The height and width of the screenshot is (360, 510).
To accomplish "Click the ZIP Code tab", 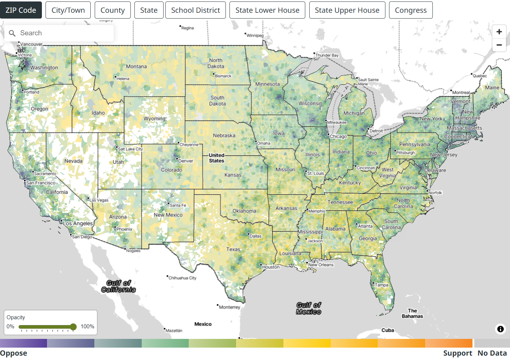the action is point(21,10).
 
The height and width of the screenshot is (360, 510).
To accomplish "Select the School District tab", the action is point(196,10).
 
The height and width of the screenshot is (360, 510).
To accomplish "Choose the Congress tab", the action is point(411,10).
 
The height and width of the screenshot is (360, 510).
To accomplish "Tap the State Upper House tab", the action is point(347,10).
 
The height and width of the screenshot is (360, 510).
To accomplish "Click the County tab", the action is point(113,10).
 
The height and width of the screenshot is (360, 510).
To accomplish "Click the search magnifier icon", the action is point(12,33).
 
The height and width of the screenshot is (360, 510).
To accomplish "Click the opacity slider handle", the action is point(73,327).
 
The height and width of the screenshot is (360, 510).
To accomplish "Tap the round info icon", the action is point(501,329).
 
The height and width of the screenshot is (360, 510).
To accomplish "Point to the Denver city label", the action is point(186,161).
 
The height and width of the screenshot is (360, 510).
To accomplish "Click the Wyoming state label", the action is point(154,119).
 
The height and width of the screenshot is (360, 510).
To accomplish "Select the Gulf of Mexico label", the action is point(309,308).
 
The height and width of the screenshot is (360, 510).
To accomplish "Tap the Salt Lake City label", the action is point(130,149).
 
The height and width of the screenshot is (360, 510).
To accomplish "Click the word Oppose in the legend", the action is point(13,353).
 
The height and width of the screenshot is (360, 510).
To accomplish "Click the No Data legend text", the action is point(492,353).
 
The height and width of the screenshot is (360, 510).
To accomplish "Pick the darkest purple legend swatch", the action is point(23,343).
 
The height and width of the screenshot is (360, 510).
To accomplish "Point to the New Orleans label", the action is point(321,265).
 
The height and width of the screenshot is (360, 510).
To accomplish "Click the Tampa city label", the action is point(381,285).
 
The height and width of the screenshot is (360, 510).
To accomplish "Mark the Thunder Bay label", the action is point(327,55).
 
